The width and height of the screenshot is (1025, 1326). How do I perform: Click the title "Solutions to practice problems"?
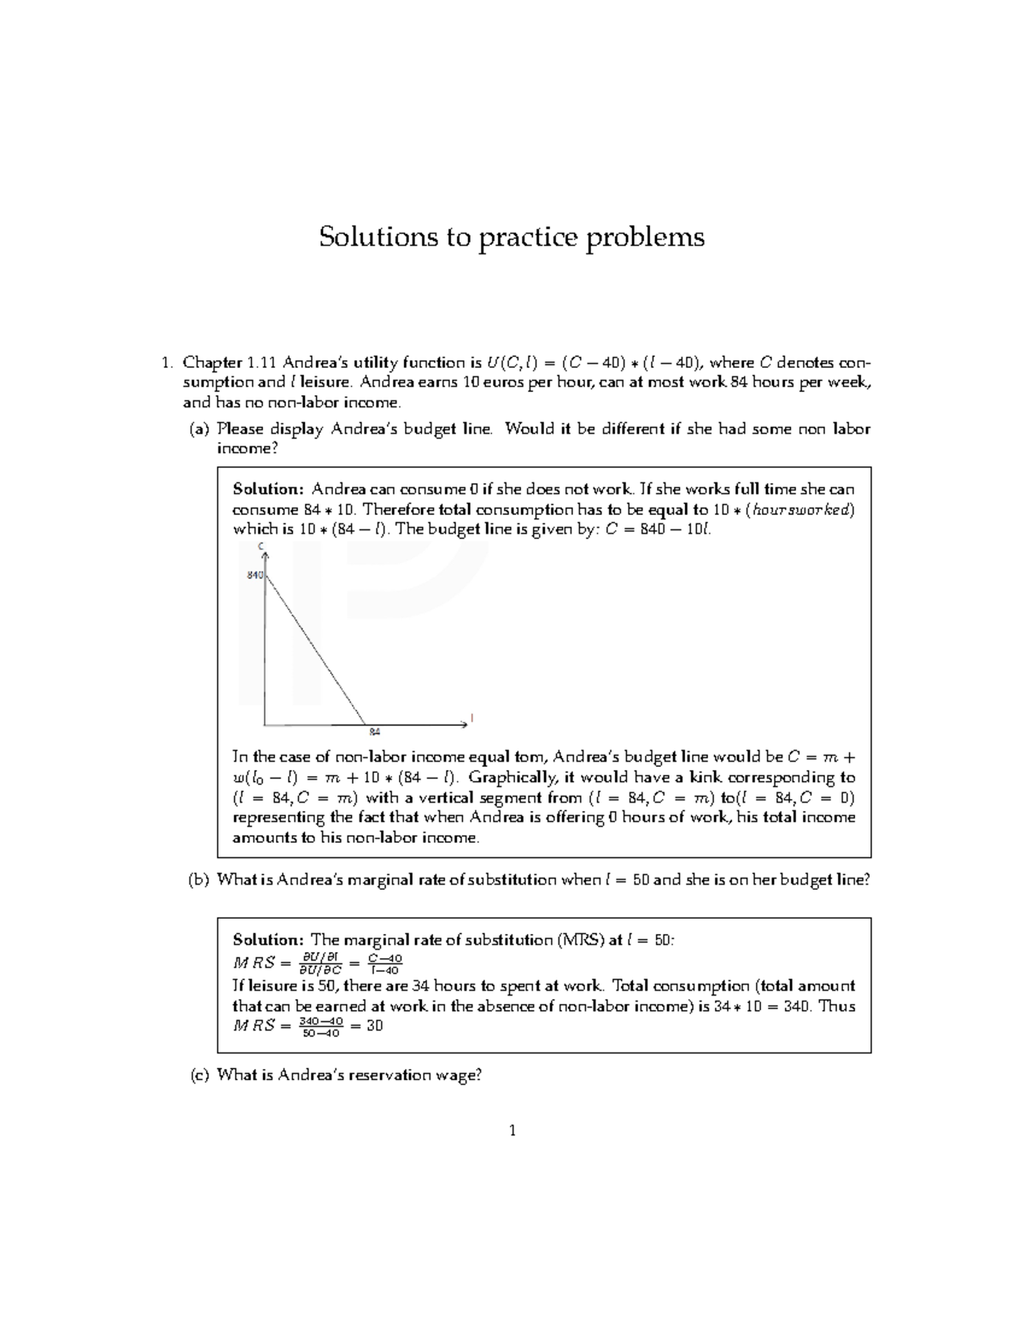(x=512, y=237)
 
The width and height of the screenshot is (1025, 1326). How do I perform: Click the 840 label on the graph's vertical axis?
(x=255, y=575)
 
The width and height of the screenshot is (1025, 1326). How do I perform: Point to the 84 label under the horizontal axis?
(x=374, y=732)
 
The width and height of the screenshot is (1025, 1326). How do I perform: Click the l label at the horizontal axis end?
(x=471, y=717)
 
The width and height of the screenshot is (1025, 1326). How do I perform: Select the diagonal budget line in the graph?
(x=316, y=649)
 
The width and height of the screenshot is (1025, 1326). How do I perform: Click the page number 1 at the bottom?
(x=512, y=1131)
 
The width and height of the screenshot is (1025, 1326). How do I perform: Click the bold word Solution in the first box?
(x=267, y=489)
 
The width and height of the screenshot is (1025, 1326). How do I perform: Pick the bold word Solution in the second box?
(x=267, y=940)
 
